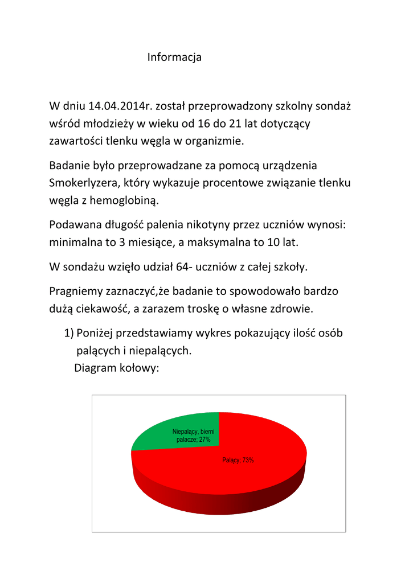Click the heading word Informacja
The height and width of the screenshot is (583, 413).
(x=174, y=58)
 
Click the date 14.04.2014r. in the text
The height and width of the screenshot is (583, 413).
(x=121, y=106)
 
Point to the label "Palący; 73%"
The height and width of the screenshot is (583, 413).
(x=238, y=461)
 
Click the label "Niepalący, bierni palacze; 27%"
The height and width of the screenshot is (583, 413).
(x=193, y=436)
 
